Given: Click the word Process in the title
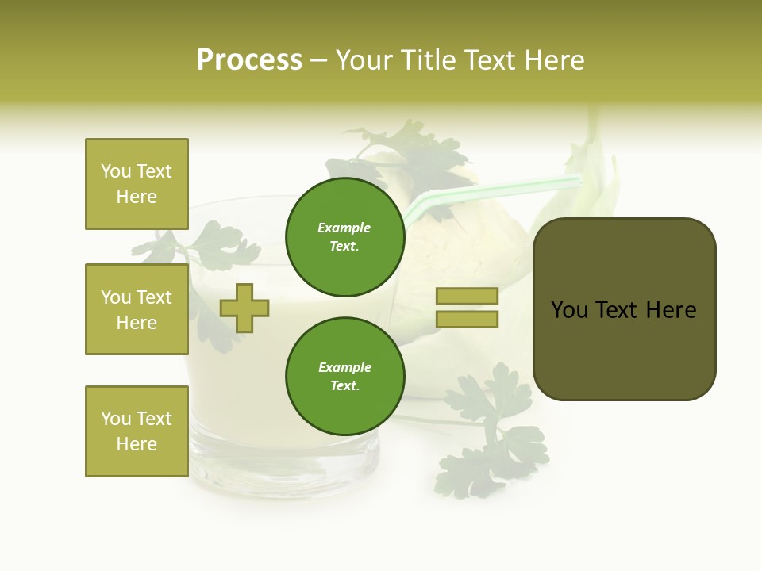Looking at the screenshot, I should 249,60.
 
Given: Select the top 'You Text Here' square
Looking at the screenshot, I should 137,184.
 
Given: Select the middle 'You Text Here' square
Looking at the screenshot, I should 137,309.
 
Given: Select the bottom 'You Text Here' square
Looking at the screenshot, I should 137,431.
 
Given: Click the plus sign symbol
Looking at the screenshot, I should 244,308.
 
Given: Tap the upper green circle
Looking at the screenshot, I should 344,236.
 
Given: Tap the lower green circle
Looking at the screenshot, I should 344,376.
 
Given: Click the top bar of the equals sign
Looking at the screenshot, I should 467,297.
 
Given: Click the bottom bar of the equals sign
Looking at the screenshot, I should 467,320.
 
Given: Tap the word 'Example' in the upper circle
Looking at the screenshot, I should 344,228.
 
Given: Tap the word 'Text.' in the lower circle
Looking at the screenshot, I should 344,385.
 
